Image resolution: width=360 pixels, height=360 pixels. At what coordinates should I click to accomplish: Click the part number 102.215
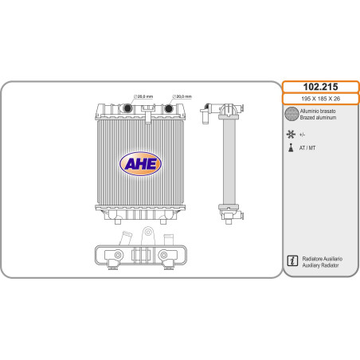[320, 87]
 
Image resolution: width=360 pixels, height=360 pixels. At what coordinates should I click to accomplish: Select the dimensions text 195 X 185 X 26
[320, 99]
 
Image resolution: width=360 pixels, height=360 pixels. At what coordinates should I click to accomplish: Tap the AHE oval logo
[140, 164]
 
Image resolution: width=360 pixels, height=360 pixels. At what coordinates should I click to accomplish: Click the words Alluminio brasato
[318, 111]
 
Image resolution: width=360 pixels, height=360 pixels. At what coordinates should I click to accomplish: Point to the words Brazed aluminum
[318, 118]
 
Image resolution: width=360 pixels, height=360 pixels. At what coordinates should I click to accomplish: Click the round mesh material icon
[292, 114]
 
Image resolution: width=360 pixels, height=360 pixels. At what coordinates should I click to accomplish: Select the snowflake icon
[291, 135]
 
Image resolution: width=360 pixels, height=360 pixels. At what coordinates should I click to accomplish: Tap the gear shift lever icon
[291, 147]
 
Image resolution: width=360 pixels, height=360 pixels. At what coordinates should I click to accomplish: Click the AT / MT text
[307, 148]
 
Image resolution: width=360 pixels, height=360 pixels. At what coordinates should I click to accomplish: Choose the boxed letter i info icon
[292, 260]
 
